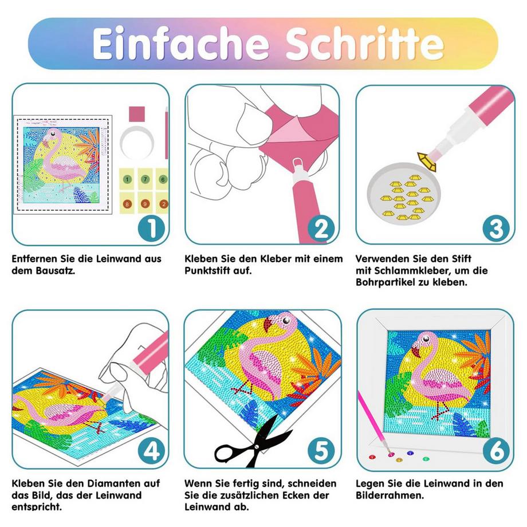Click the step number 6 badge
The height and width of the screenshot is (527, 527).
pos(496,453)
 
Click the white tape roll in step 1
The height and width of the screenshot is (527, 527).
pos(139,141)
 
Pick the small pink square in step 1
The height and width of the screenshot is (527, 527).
pos(137,113)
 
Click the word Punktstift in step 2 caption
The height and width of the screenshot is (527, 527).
pos(210,270)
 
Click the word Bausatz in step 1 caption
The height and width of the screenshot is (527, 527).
pos(54,270)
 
